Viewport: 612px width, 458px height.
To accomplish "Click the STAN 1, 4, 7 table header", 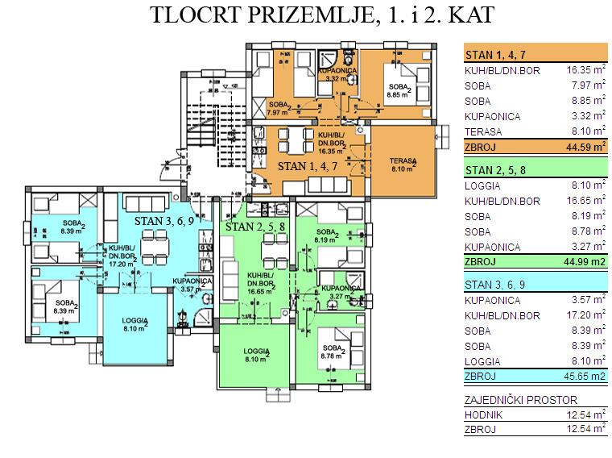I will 494,55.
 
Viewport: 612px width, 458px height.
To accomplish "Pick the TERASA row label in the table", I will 483,131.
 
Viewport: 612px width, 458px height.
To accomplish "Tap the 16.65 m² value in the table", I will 585,201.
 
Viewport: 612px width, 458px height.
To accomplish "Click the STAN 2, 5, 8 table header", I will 494,170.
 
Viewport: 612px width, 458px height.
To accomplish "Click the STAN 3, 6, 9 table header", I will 494,285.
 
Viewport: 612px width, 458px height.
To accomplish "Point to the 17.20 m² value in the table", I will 585,315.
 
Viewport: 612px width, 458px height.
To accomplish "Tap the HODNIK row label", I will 483,414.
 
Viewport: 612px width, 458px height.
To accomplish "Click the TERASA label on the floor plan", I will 402,161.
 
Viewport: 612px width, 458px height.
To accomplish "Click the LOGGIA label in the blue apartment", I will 135,323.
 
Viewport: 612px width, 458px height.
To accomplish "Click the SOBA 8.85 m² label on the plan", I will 399,90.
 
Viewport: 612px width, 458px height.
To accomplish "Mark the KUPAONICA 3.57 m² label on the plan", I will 196,285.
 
